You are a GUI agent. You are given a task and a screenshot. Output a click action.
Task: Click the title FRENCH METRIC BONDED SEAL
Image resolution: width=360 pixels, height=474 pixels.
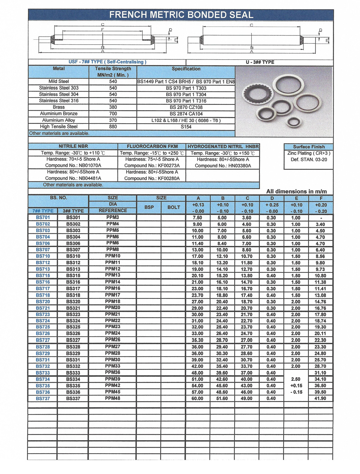coord(181,15)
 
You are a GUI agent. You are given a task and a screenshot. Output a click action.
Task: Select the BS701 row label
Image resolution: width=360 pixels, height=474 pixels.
coord(43,217)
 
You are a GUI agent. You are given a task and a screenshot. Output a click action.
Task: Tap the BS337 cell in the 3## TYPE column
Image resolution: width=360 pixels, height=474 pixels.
coord(73,399)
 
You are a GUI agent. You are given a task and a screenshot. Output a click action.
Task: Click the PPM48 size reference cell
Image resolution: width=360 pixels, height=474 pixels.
coord(112,398)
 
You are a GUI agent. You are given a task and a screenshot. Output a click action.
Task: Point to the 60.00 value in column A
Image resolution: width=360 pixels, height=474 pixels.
coord(197,399)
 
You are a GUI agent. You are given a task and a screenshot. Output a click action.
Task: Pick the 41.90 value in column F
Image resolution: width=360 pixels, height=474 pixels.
coord(320,399)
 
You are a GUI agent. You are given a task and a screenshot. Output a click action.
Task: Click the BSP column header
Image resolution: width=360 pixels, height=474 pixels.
coord(149,207)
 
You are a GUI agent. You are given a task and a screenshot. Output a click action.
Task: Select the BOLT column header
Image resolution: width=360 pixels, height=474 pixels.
coord(174,207)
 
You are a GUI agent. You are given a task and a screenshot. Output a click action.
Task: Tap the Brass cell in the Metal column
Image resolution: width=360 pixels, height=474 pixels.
coord(59,107)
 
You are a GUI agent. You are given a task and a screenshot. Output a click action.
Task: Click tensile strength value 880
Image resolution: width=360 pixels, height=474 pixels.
coord(113,127)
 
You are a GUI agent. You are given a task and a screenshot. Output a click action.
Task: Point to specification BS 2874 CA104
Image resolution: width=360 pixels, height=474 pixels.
coord(186,114)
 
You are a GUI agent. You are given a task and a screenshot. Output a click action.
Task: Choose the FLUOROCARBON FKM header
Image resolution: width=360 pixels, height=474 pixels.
coord(152,146)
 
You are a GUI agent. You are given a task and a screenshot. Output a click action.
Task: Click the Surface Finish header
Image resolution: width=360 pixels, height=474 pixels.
coord(309,147)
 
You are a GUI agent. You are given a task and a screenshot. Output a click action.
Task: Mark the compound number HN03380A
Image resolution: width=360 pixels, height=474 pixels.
coord(223,166)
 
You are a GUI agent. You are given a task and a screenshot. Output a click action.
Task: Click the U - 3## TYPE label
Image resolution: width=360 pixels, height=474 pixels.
coord(260,62)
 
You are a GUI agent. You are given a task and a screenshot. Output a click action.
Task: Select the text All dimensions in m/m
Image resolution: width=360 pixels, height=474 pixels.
coord(296,191)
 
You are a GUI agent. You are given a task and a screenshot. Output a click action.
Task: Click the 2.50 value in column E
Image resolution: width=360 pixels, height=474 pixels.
coord(296,379)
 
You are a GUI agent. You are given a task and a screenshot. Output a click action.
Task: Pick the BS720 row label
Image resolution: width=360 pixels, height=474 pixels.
coord(43,302)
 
